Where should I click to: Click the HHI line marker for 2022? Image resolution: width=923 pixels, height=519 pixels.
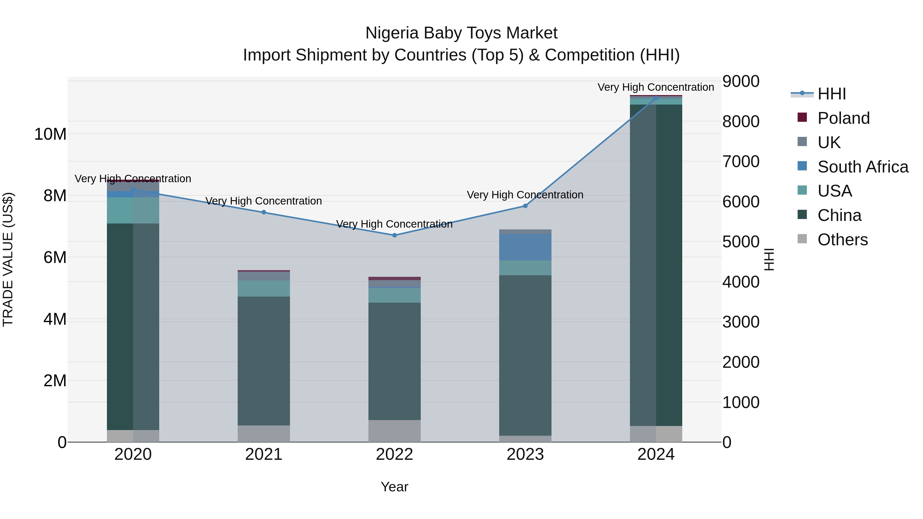[395, 235]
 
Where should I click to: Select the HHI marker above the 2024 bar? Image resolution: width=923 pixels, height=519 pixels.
[656, 98]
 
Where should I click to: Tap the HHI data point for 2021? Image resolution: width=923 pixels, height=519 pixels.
[264, 212]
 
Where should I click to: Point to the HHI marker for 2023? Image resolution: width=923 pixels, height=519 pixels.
[525, 206]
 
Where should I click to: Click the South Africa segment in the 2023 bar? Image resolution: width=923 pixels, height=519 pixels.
[525, 247]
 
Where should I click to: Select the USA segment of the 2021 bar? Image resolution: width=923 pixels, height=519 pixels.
[264, 288]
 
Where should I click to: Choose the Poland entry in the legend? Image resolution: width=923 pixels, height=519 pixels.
[844, 118]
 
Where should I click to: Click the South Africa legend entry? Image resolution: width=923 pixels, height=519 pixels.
[863, 167]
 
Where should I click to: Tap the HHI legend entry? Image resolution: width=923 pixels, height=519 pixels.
[831, 94]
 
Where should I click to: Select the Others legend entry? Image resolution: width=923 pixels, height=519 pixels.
[842, 240]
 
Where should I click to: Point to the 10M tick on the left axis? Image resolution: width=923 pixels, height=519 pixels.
[50, 134]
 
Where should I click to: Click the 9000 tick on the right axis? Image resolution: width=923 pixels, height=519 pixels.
[740, 81]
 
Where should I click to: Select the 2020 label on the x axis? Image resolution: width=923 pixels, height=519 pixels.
[133, 454]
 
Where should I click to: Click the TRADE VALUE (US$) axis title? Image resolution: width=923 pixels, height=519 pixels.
[8, 259]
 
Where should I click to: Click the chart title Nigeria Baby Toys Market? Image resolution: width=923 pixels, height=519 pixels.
[461, 33]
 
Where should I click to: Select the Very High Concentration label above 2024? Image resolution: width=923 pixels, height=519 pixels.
[655, 87]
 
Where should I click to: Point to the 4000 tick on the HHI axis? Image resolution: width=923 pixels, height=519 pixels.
[740, 282]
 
